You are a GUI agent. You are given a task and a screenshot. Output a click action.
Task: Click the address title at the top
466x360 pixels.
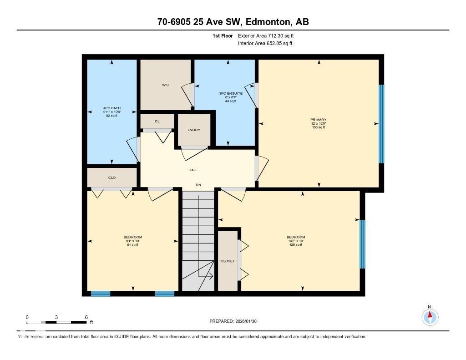(233, 22)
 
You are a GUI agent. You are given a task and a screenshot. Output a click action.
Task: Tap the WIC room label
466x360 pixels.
(165, 85)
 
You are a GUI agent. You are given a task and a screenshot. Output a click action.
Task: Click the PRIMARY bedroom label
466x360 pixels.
(319, 120)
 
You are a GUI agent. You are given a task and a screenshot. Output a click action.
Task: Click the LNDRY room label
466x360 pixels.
(193, 130)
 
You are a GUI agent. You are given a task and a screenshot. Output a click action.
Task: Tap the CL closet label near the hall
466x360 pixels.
(157, 122)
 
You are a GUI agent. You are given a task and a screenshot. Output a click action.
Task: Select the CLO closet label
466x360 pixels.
(112, 177)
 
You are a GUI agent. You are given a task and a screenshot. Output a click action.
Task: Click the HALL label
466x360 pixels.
(193, 170)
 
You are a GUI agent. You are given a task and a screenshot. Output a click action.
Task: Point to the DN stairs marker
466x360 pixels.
(198, 185)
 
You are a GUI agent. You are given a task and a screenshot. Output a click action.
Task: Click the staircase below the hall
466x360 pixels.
(198, 241)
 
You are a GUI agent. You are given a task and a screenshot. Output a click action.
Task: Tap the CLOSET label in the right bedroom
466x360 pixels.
(228, 261)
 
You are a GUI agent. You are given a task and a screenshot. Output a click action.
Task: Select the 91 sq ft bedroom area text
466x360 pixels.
(133, 245)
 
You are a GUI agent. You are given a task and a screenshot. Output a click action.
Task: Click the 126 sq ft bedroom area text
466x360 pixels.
(296, 245)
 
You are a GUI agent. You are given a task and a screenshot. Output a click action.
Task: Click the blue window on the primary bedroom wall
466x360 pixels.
(381, 124)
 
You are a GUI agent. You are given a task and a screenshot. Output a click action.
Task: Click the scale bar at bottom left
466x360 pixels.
(56, 322)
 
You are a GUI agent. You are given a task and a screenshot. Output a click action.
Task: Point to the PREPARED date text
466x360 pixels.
(236, 321)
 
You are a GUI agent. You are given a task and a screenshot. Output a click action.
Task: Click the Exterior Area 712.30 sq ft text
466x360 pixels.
(269, 35)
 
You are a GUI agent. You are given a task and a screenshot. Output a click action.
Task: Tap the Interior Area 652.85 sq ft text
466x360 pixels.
(265, 44)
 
